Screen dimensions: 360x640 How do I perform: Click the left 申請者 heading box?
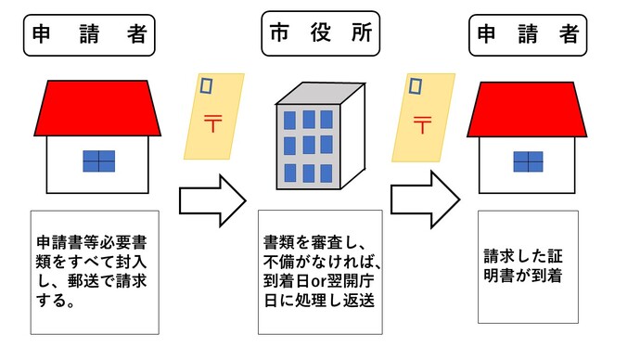(x=87, y=37)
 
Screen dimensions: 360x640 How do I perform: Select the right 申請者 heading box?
(x=528, y=36)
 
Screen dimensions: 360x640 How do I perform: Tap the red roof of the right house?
(x=528, y=109)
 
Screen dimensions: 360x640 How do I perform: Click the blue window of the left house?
(x=96, y=161)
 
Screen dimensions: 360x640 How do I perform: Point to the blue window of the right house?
(x=528, y=161)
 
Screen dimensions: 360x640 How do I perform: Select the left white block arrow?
(x=211, y=199)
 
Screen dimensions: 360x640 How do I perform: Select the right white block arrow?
(x=425, y=199)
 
